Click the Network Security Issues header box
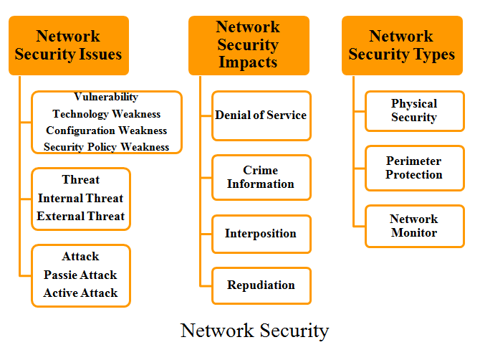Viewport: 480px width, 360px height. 69,45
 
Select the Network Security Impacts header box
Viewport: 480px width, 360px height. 249,45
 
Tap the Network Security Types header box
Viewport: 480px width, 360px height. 402,45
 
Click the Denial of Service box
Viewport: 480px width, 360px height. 261,115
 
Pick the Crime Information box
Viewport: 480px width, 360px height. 261,177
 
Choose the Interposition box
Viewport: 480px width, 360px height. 261,234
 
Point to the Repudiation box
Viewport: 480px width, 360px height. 261,285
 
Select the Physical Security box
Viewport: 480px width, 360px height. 415,111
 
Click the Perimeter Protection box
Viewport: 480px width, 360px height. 415,169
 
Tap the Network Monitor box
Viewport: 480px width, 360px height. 415,226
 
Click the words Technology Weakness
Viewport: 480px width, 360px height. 107,114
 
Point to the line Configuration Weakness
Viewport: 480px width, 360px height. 107,131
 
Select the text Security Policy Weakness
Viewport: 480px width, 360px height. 107,147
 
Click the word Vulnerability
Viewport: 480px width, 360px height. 106,97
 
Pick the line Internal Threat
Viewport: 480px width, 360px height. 80,198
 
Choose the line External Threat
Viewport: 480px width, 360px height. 80,217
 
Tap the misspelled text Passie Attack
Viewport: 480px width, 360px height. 80,275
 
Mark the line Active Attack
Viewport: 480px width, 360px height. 80,293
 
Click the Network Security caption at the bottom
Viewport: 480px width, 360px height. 255,331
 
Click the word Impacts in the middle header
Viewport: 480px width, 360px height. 248,62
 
